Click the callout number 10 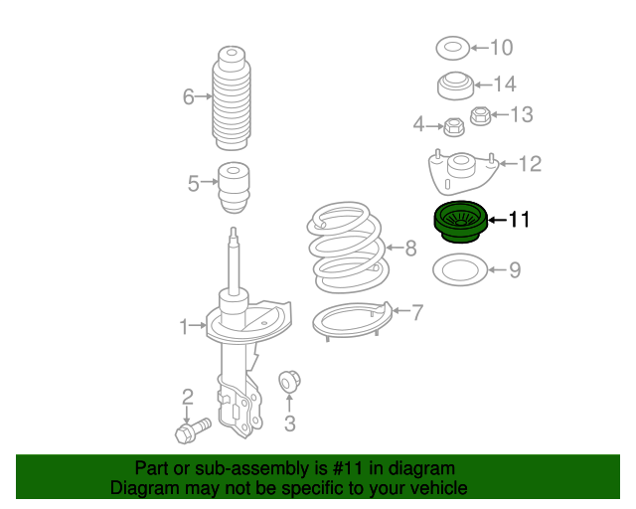(x=501, y=47)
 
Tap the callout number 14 (x=505, y=85)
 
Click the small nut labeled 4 (x=454, y=126)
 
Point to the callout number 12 (x=531, y=163)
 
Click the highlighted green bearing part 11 (x=458, y=221)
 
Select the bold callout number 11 (x=521, y=220)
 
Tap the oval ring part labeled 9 (x=458, y=269)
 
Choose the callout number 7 (x=417, y=312)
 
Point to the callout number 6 (x=188, y=96)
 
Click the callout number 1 (x=184, y=326)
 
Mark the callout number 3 (x=289, y=425)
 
